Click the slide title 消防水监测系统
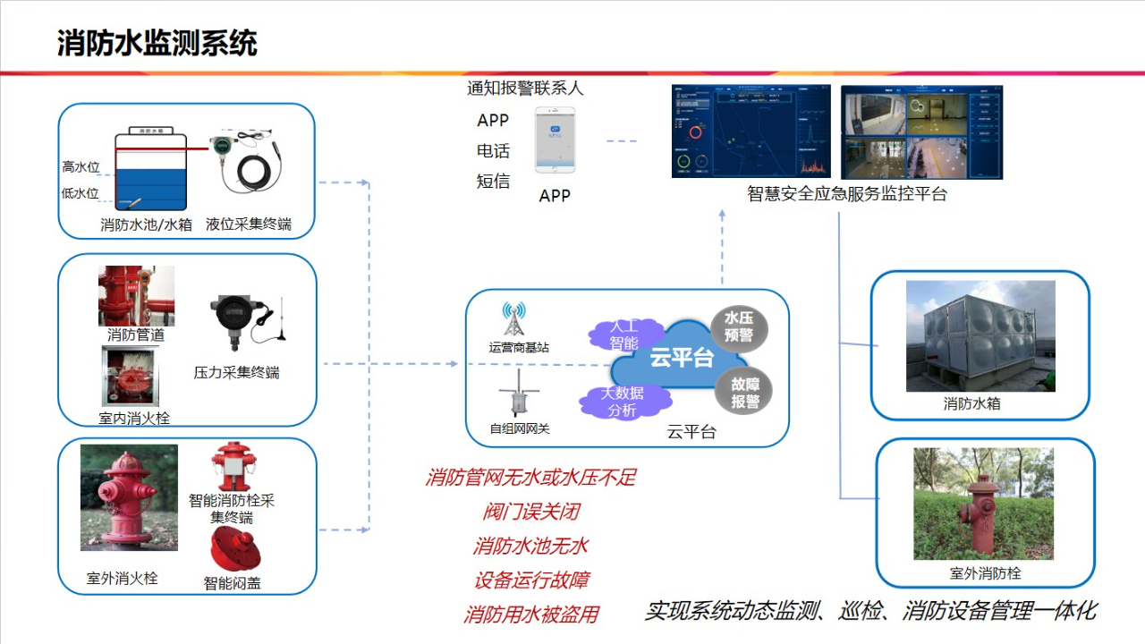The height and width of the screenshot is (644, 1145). (157, 43)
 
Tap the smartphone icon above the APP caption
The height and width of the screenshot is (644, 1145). (555, 140)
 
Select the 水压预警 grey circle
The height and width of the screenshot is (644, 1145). (739, 327)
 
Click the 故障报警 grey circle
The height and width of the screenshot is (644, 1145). (744, 392)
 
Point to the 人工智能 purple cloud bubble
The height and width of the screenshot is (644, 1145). (623, 335)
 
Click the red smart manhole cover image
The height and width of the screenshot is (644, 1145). (234, 549)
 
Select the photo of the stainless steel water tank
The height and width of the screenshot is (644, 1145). (980, 336)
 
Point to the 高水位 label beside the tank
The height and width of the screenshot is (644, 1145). (81, 167)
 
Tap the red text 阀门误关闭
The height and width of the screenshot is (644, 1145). (531, 512)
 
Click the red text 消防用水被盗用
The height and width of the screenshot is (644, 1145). (531, 614)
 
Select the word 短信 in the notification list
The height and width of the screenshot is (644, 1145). (493, 182)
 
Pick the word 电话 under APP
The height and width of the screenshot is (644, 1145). (493, 151)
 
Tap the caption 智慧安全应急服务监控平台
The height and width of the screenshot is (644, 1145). (846, 193)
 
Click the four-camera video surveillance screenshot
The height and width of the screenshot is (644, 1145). (921, 131)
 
